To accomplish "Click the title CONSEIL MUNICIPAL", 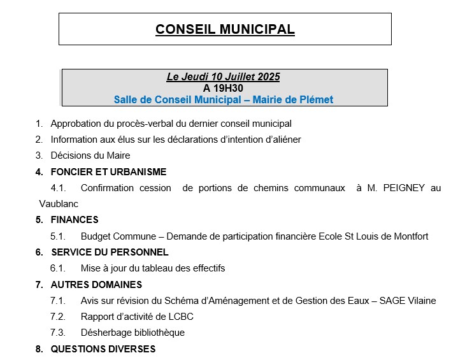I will pos(225,29).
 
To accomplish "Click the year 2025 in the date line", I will pos(267,77).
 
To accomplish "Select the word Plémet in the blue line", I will pos(317,99).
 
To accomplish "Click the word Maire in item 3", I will pos(118,155).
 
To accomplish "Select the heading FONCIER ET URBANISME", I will pos(108,171).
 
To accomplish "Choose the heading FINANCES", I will pos(75,220).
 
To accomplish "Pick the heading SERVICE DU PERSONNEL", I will pos(110,252).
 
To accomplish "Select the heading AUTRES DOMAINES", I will pos(96,284).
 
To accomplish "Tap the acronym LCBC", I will pos(181,317).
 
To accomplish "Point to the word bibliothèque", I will pos(155,333).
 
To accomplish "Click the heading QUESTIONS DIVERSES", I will pos(103,349).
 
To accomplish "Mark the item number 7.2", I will pos(58,317).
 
